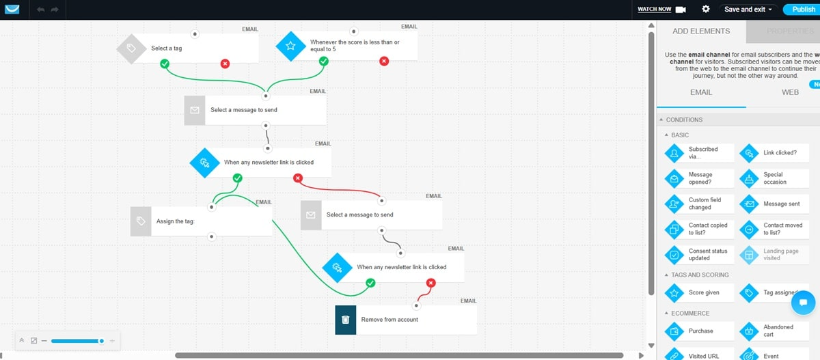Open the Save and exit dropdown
tap(748, 10)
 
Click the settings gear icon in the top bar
tap(706, 10)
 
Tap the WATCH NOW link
tap(654, 10)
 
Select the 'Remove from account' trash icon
tap(346, 320)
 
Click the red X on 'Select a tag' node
tap(225, 64)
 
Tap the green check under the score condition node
tap(324, 61)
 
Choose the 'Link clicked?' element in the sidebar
tap(774, 153)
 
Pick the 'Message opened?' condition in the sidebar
tap(699, 178)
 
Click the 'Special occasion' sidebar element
tap(774, 178)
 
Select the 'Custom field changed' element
tap(699, 204)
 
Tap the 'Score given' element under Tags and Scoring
tap(699, 293)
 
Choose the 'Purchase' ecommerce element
tap(699, 331)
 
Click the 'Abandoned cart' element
tap(774, 331)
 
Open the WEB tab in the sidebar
tap(789, 92)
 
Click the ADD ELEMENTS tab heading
tap(700, 31)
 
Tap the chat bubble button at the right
tap(804, 302)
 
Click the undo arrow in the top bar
tap(40, 10)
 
